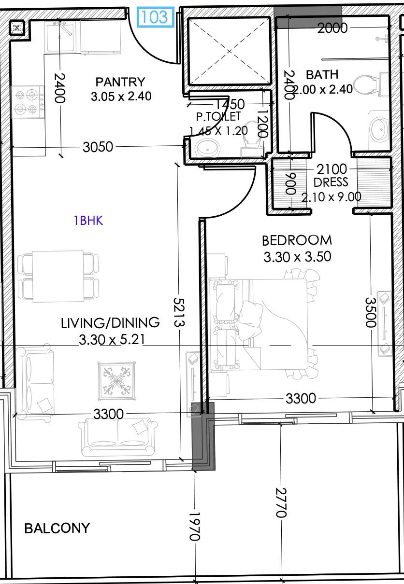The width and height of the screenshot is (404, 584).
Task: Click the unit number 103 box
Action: (x=156, y=17)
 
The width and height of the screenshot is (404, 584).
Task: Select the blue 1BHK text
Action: (x=88, y=221)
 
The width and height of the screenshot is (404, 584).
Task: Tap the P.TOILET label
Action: (x=218, y=116)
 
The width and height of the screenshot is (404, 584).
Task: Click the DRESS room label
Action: (x=331, y=182)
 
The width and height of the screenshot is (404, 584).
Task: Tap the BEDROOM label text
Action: (x=297, y=240)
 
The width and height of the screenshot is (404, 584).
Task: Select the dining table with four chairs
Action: (x=58, y=276)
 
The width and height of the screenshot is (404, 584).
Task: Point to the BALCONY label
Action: (x=57, y=528)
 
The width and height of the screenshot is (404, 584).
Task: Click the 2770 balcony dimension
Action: (x=281, y=502)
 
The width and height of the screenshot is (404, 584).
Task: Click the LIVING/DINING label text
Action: (x=110, y=323)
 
